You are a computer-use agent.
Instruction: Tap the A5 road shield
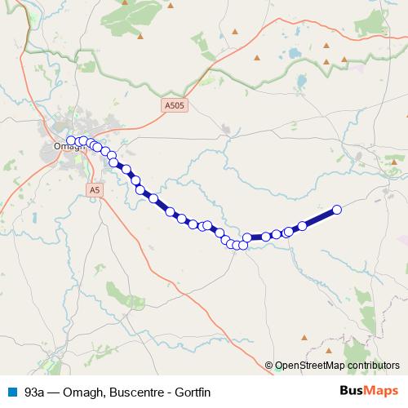coord(95,189)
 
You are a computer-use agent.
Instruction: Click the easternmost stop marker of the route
coord(336,210)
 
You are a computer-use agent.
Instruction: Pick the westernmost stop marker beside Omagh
coord(71,140)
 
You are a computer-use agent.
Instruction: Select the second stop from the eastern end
coord(302,225)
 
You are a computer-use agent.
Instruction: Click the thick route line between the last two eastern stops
coord(319,217)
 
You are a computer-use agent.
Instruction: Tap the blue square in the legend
coord(11,392)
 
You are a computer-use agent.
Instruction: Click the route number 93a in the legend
coord(34,392)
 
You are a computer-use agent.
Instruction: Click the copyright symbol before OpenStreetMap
coord(270,366)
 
